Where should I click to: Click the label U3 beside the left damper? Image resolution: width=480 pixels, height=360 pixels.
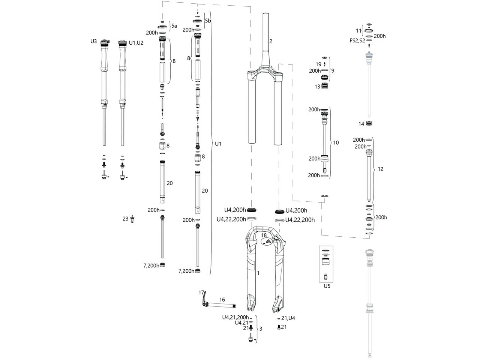93,41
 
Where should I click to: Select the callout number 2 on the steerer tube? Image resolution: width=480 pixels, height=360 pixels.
271,41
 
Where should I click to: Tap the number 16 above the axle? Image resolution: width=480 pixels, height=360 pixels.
222,300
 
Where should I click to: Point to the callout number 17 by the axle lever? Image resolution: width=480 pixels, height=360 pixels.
201,292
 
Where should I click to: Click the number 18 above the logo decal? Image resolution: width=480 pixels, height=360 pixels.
264,235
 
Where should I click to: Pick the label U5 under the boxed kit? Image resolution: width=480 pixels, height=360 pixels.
327,286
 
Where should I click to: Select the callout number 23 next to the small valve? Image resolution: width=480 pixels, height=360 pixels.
125,219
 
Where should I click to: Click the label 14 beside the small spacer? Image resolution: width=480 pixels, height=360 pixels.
361,124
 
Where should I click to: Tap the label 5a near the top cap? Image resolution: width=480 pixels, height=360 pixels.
174,26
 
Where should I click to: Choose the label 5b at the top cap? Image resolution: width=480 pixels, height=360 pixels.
208,21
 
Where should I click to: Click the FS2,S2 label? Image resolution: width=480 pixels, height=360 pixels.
357,40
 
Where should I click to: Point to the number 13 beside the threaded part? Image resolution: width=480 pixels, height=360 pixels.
317,87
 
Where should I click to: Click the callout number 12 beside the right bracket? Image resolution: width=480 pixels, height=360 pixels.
380,169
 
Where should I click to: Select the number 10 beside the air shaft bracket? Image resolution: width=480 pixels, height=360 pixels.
336,142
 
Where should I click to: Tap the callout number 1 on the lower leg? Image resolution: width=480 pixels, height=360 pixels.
258,273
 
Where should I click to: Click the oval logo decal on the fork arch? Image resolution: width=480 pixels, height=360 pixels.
265,243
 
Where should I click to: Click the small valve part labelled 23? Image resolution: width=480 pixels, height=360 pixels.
132,219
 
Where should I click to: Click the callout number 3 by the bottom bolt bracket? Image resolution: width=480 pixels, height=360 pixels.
261,329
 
